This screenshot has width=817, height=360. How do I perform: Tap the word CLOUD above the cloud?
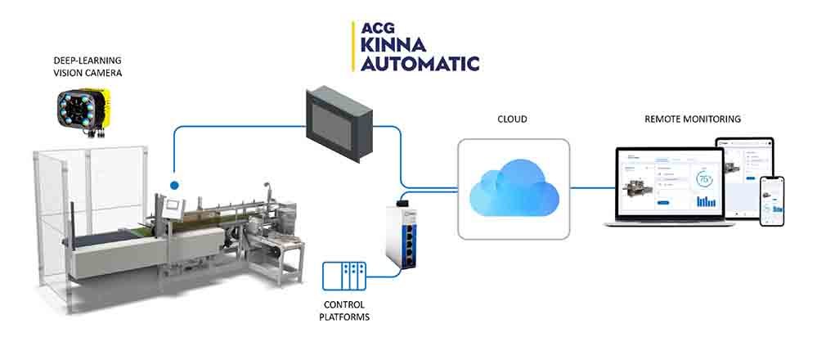(x=513, y=119)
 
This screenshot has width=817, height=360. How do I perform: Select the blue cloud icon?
(x=514, y=189)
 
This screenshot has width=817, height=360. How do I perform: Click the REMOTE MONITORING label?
(x=693, y=119)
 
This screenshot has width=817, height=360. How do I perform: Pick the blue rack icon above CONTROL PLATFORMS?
(x=343, y=277)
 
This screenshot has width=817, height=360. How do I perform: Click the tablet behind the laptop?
(x=744, y=164)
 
